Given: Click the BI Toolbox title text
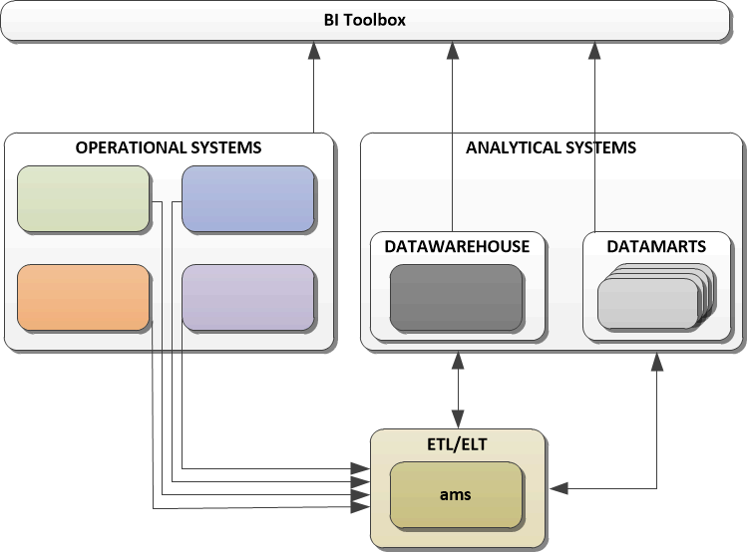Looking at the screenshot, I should pos(364,20).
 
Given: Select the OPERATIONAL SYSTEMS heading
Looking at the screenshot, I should pos(169,147).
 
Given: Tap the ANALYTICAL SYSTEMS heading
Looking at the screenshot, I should pos(551,147).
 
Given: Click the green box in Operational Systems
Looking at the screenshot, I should pos(84,199).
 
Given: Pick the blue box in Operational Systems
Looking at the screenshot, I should pos(247,199).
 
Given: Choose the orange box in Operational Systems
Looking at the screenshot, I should pos(84,297).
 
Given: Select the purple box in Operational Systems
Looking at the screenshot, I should pos(247,297).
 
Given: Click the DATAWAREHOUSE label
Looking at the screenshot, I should pos(457,246).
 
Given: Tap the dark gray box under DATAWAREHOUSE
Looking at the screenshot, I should pos(456,297).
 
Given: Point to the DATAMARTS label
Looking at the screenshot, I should pos(656,246).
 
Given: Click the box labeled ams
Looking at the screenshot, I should pos(455,494).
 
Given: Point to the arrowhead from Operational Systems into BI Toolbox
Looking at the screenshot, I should pos(314,50).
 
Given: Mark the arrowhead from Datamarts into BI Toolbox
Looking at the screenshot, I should pos(596,50).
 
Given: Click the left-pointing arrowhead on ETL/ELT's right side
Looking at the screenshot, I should pos(557,488).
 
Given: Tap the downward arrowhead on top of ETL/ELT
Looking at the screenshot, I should pos(458,420).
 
